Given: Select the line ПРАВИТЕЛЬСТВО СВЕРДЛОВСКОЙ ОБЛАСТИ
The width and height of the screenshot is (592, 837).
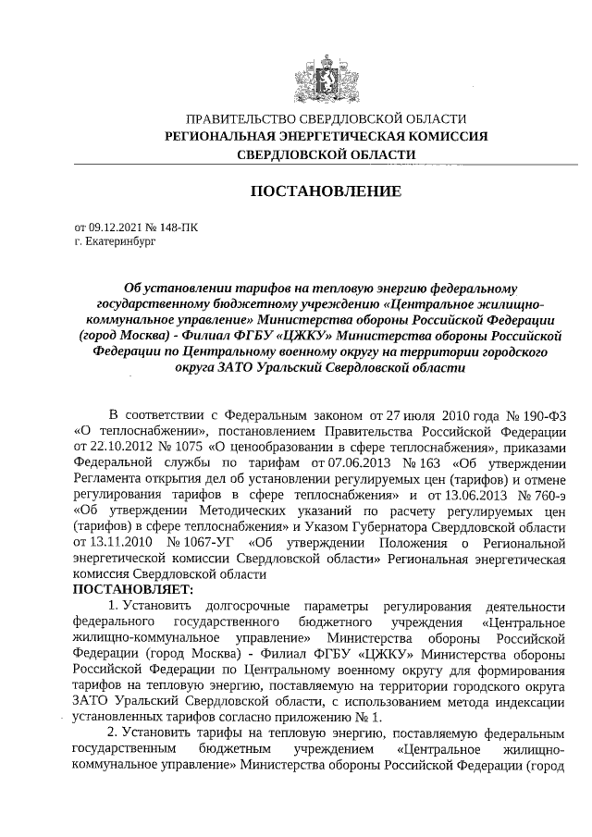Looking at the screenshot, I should click(x=326, y=119).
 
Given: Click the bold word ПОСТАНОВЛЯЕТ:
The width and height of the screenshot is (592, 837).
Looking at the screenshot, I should click(x=133, y=589).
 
